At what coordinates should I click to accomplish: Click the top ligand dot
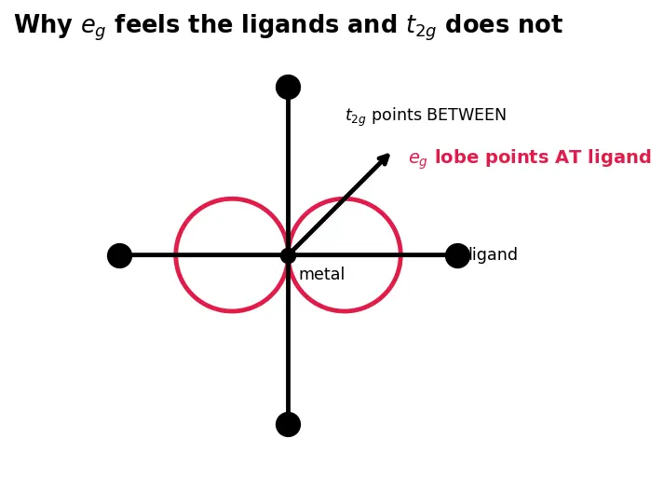pyautogui.click(x=288, y=88)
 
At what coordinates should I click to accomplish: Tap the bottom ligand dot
pyautogui.click(x=288, y=424)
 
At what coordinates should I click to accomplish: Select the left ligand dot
pyautogui.click(x=120, y=255)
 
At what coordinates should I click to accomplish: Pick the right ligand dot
pyautogui.click(x=457, y=255)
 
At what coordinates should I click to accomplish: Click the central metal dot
pyautogui.click(x=288, y=255)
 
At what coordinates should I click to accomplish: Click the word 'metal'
pyautogui.click(x=322, y=274)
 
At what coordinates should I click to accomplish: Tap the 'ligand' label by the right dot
pyautogui.click(x=494, y=254)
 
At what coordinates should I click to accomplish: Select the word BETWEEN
pyautogui.click(x=467, y=115)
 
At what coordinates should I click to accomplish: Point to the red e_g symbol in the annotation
pyautogui.click(x=418, y=159)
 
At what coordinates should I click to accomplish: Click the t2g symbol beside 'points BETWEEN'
pyautogui.click(x=356, y=116)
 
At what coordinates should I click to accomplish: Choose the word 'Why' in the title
pyautogui.click(x=43, y=25)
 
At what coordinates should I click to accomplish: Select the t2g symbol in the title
pyautogui.click(x=421, y=26)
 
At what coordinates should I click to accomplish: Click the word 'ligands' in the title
pyautogui.click(x=290, y=25)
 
